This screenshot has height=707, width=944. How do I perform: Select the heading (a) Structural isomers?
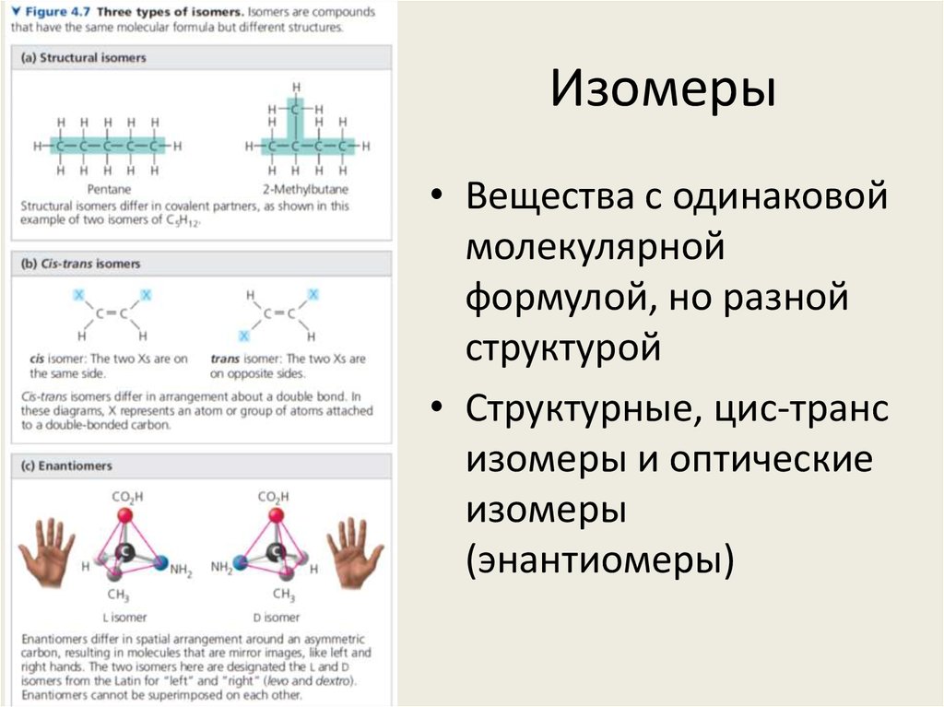coord(83,57)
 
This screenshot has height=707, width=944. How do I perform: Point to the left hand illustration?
coord(47,551)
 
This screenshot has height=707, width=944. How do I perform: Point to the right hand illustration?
coord(355,551)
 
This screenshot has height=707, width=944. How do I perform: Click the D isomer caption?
coord(277,617)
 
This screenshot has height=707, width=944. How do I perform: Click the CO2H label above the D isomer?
coord(275,497)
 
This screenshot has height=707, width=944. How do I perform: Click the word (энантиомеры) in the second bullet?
coord(600,559)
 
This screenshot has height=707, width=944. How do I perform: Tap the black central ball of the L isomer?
coord(124,552)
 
